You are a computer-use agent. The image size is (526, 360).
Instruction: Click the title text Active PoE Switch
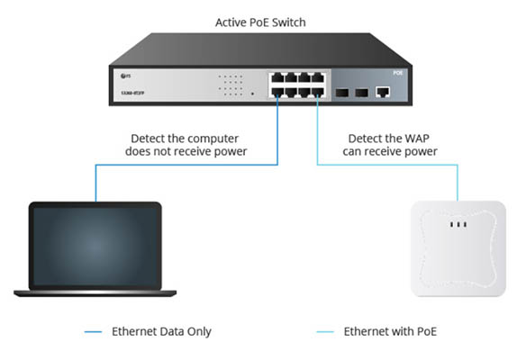[x=262, y=21]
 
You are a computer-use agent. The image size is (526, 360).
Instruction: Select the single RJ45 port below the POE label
[x=383, y=91]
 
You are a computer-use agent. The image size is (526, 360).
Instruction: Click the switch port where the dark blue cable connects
[x=278, y=93]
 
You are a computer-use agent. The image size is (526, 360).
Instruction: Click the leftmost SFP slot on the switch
[x=343, y=92]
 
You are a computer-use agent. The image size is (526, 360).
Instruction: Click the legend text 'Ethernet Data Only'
[x=160, y=332]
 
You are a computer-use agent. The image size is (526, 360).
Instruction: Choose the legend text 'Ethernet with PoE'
[x=389, y=332]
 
